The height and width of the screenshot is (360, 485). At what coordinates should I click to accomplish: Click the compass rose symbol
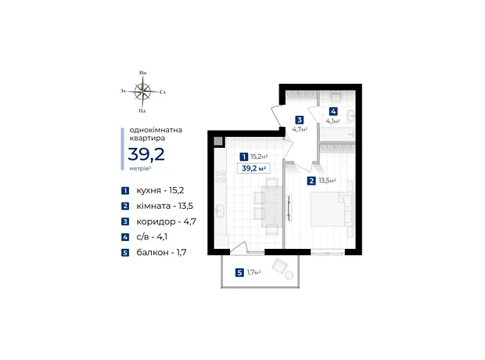point(142,92)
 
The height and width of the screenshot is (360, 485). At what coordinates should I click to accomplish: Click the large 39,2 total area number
point(146,154)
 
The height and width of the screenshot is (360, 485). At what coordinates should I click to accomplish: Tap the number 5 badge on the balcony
point(239,272)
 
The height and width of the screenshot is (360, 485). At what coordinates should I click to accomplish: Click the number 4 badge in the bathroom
point(333,111)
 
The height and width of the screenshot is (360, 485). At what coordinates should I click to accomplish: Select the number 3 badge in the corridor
point(299,120)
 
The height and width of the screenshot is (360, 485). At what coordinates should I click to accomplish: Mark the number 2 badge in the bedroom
point(311,181)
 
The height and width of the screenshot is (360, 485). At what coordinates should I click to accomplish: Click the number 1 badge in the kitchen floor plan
point(244,157)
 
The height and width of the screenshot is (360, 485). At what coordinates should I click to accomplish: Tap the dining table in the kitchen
point(272,207)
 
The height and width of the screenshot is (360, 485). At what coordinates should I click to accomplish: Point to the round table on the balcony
point(289,275)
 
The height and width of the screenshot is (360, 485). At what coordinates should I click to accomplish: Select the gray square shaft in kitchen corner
point(218,141)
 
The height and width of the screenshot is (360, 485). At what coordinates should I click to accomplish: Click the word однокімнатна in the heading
point(156,130)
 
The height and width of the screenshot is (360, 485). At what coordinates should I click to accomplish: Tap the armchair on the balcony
point(280,266)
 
